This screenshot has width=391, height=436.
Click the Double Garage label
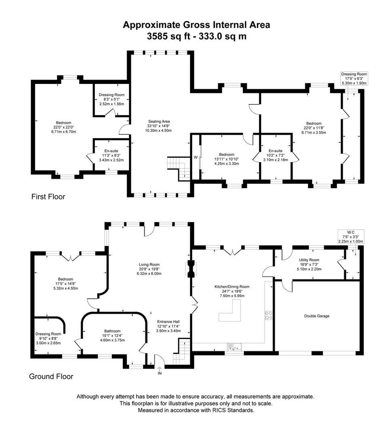(x=317, y=316)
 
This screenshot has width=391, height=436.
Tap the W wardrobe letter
(x=195, y=157)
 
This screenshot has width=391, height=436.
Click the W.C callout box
(x=351, y=237)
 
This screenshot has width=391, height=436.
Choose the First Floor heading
(x=48, y=197)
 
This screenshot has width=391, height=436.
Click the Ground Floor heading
(x=51, y=377)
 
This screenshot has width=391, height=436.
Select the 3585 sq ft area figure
(x=168, y=36)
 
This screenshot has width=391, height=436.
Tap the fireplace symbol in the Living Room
(x=191, y=269)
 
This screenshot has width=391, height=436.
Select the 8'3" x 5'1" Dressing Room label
(x=111, y=99)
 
